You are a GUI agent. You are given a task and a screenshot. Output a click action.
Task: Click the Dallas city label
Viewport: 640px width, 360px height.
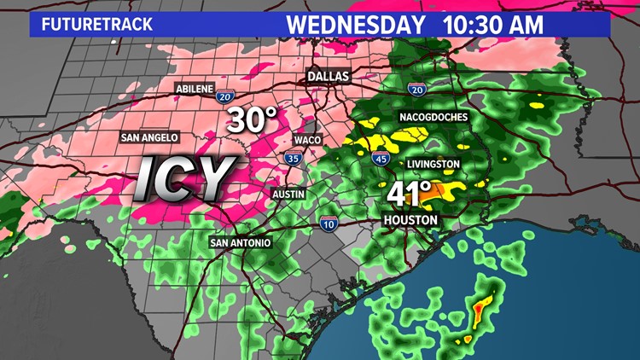(329, 77)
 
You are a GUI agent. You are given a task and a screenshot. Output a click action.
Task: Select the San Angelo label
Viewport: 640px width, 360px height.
(148, 136)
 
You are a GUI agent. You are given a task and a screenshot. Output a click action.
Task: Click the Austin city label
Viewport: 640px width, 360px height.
(288, 195)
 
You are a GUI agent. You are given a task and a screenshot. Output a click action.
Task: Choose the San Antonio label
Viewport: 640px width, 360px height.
(241, 243)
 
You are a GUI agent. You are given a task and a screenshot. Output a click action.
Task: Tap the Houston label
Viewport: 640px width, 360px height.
(410, 220)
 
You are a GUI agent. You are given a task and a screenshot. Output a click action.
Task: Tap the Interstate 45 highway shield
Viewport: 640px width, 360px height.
(381, 156)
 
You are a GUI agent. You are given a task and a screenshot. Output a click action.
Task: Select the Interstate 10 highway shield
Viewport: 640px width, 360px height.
(330, 224)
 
